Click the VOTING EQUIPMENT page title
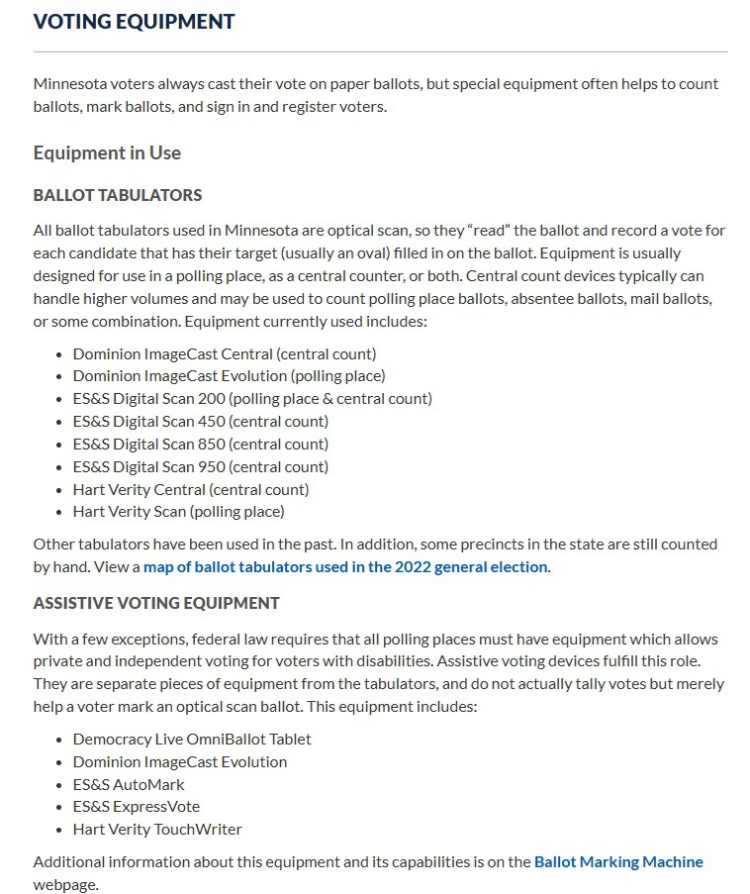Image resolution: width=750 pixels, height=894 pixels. pyautogui.click(x=134, y=21)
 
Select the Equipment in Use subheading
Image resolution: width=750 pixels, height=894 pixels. pyautogui.click(x=107, y=152)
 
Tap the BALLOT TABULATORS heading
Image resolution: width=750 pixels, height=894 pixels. pyautogui.click(x=118, y=195)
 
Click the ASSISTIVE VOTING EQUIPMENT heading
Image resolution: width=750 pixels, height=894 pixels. pyautogui.click(x=156, y=603)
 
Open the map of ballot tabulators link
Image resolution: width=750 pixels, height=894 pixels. pyautogui.click(x=345, y=567)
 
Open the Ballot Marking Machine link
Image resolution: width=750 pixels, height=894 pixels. pyautogui.click(x=618, y=861)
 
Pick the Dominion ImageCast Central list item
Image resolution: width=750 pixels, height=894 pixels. pyautogui.click(x=225, y=353)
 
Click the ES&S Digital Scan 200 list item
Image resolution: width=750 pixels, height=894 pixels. pyautogui.click(x=252, y=399)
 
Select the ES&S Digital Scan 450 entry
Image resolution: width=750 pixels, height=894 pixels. pyautogui.click(x=201, y=422)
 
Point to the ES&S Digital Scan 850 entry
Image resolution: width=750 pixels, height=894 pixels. pyautogui.click(x=201, y=445)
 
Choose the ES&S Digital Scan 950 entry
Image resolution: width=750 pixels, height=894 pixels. pyautogui.click(x=201, y=467)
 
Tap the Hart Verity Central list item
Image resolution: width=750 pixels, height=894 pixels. pyautogui.click(x=191, y=489)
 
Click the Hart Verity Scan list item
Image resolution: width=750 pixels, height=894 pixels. pyautogui.click(x=178, y=512)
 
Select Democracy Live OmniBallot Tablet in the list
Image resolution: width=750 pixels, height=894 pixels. pyautogui.click(x=192, y=740)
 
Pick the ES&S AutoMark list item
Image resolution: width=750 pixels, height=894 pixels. pyautogui.click(x=129, y=784)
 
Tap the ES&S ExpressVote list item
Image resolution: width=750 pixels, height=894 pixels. pyautogui.click(x=137, y=807)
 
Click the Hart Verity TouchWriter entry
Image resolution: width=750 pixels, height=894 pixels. pyautogui.click(x=157, y=830)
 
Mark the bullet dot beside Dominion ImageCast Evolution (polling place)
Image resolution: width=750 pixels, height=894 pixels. pyautogui.click(x=60, y=376)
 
